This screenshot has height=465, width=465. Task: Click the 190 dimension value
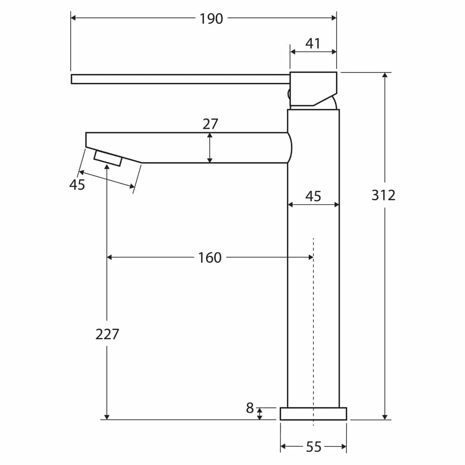211,19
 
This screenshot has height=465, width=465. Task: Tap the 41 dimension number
313,44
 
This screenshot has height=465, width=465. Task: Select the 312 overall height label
383,195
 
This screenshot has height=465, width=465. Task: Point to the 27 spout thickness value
210,124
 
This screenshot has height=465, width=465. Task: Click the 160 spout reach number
210,258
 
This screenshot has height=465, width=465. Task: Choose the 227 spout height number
107,334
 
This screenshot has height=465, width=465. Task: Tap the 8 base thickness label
250,408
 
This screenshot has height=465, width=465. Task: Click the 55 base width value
314,447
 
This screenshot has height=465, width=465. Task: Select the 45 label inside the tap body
313,196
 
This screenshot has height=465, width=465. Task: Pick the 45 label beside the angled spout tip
77,185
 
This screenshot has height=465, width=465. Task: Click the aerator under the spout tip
107,158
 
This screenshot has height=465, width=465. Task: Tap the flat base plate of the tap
313,414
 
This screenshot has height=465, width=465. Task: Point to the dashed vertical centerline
313,325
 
